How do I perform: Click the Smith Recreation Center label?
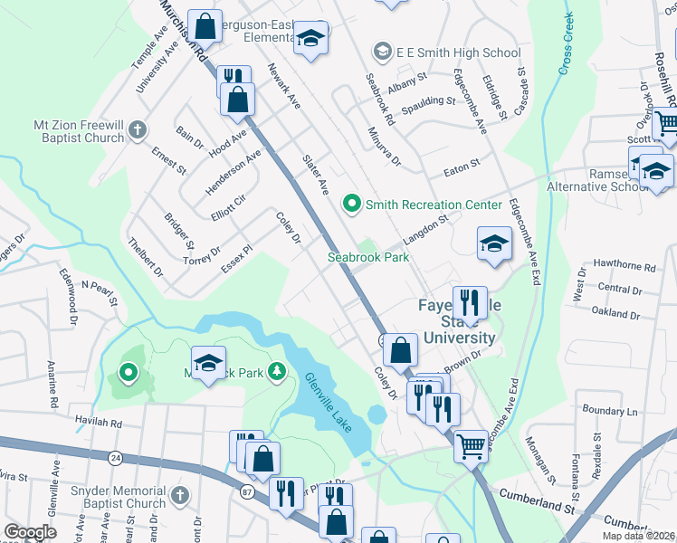[x=433, y=205]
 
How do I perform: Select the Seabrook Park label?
[x=368, y=257]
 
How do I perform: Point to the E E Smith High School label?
[x=446, y=52]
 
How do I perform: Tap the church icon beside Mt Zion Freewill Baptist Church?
[x=137, y=130]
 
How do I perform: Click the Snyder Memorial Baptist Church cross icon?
[x=179, y=496]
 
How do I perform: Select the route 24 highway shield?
[x=115, y=459]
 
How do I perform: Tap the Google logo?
[x=30, y=532]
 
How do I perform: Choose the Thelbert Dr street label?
[x=146, y=258]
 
